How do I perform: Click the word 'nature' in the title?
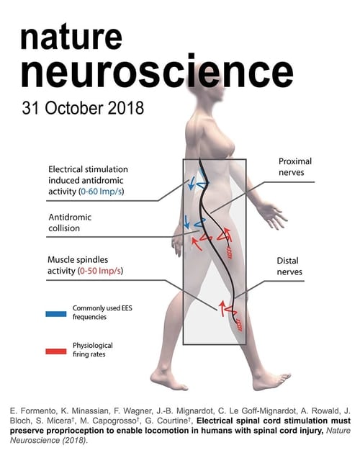coord(71,37)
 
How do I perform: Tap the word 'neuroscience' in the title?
coord(157,71)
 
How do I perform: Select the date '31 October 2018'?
coord(83,108)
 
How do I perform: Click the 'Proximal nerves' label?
coord(295,166)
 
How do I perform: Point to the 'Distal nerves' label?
coord(289,266)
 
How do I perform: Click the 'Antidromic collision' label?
coord(70,223)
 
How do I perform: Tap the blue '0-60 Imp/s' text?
coord(101,192)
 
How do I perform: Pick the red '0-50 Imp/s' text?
coord(100,271)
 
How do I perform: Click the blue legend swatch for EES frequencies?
coord(56,314)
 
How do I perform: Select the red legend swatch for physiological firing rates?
coord(56,351)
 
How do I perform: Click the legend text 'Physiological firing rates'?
coord(93,349)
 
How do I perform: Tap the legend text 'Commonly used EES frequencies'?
coord(102,313)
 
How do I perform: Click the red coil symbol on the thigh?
coord(229,253)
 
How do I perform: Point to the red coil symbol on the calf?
coord(239,325)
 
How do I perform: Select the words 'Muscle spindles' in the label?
coord(78,259)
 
